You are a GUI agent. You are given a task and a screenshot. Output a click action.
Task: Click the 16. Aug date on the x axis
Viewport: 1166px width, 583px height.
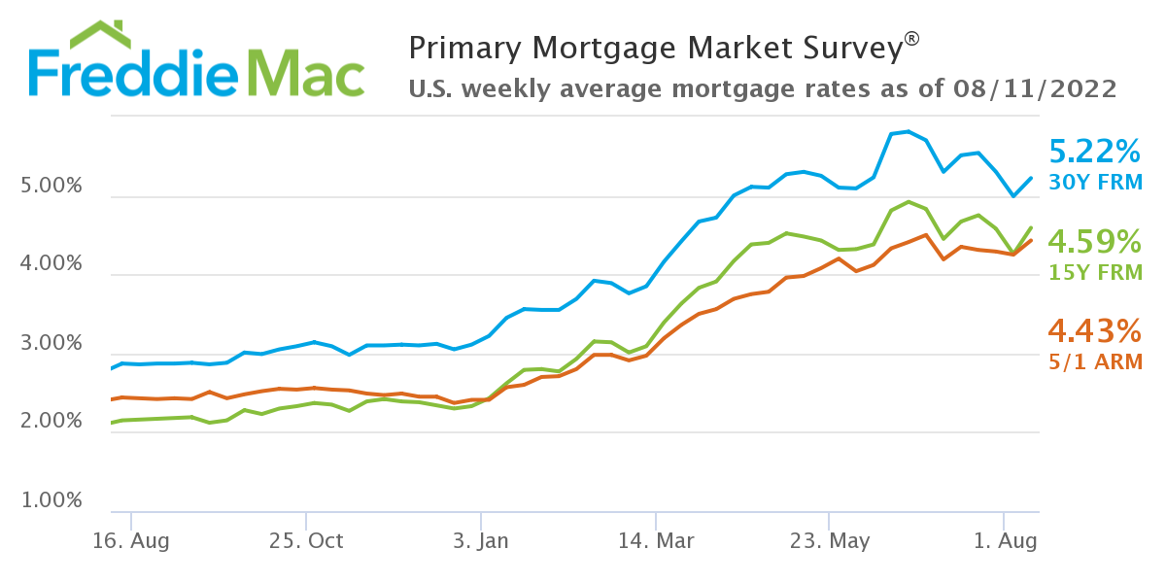(x=130, y=540)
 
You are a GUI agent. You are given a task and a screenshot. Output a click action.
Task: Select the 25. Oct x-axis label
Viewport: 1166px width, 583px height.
(x=306, y=540)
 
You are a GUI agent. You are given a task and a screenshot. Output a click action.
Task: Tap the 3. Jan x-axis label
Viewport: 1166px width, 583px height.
(x=480, y=540)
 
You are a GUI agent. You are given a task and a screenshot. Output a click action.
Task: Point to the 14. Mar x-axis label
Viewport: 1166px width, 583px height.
(x=656, y=540)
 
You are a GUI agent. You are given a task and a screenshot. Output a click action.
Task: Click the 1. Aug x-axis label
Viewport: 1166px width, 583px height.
(x=1004, y=540)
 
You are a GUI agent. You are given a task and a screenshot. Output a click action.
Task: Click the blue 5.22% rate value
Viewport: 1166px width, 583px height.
(x=1094, y=152)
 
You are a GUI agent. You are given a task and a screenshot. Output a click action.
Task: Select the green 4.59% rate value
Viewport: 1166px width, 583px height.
(x=1094, y=242)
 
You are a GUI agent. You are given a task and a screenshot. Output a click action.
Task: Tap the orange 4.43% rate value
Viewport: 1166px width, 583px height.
(x=1094, y=331)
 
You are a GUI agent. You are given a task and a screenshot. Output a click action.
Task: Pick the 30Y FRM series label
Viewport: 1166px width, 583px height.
(x=1096, y=182)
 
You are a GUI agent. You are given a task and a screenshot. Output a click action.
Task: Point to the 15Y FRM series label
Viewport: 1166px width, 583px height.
(x=1096, y=272)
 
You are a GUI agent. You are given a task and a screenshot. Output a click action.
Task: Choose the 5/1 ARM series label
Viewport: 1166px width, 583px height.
(x=1096, y=361)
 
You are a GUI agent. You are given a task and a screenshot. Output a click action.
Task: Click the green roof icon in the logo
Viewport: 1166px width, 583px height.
(x=100, y=33)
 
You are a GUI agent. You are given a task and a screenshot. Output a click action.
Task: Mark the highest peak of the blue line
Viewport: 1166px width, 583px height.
(x=908, y=131)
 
